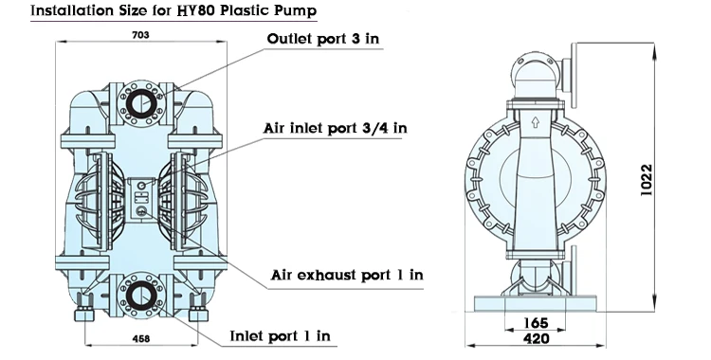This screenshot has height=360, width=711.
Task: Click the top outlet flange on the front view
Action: [x=142, y=103]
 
